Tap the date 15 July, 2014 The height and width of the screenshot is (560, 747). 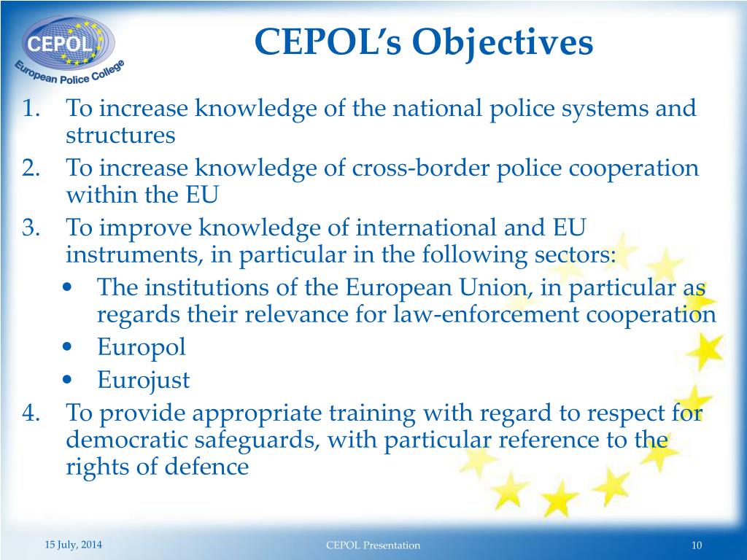point(73,544)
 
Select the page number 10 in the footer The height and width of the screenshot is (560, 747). point(696,545)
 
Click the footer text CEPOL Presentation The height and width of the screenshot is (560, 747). point(373,545)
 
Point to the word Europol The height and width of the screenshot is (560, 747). point(142,346)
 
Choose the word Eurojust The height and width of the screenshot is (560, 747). point(143,380)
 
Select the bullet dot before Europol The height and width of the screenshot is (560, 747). point(67,347)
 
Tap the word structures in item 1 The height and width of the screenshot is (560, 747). point(120,136)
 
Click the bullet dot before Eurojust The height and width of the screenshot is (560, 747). point(67,380)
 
